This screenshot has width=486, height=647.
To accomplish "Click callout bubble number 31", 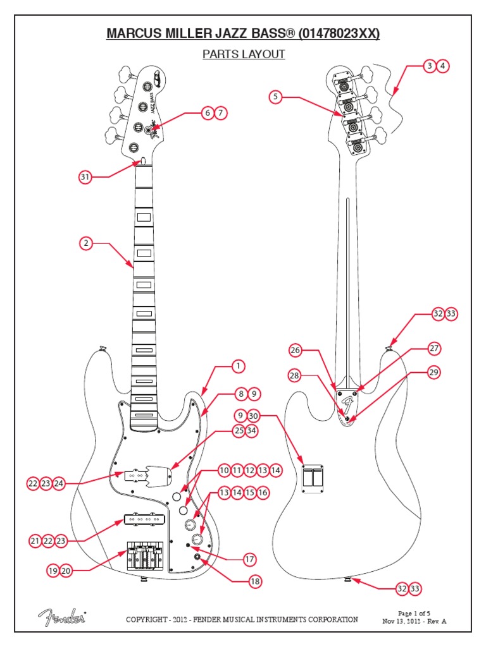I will point(85,177).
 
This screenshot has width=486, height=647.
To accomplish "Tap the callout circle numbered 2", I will point(85,243).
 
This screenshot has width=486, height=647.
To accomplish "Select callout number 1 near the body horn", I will point(238,366).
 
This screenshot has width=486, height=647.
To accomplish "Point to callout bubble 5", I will point(275,97).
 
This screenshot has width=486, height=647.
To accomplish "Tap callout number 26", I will point(295,350).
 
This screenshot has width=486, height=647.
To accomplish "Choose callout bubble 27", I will point(433,348).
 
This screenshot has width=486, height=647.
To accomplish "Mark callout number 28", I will point(294,375).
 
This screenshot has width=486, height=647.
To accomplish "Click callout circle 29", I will point(433,372).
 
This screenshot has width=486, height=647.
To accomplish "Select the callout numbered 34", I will point(252,431).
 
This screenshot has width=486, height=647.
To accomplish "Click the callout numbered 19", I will point(53,571).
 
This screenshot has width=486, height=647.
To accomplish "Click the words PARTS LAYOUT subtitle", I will point(244,54).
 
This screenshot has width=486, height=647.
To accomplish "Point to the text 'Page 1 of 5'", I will point(414,613).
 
